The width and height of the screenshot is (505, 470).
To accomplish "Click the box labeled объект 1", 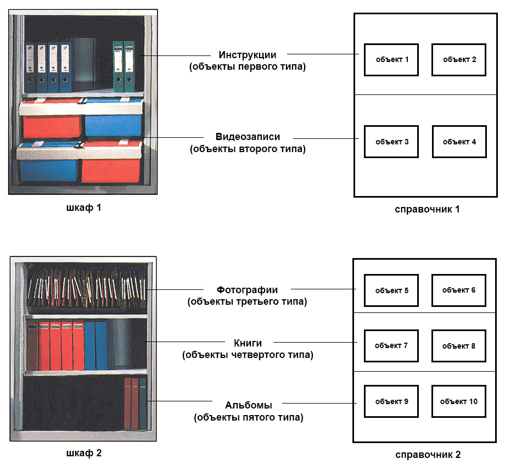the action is (391, 60).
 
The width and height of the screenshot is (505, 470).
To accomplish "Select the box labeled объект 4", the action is (459, 142).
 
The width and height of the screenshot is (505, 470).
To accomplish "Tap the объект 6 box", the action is (459, 290).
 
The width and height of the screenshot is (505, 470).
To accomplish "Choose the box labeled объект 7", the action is (391, 346).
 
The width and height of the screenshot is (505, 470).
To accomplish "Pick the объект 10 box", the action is (459, 401).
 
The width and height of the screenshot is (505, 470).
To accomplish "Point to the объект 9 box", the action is (391, 401).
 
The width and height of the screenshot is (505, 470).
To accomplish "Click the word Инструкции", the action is (248, 55).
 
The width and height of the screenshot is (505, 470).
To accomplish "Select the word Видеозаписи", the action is (248, 137).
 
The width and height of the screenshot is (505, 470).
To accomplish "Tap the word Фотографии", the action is (247, 289).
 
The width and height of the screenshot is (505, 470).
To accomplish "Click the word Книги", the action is (248, 343).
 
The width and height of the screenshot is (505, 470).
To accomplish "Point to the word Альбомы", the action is (248, 405).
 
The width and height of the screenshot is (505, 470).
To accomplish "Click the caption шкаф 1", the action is (84, 208).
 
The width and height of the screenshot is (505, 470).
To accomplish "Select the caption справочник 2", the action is (428, 455).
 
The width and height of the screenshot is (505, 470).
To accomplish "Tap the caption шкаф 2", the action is (84, 453).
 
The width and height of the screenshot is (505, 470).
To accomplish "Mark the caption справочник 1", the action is (427, 209).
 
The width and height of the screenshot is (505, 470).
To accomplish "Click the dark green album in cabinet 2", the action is (143, 404).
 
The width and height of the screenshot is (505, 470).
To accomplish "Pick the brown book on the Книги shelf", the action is (32, 345).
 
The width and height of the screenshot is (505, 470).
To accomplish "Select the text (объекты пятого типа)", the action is (248, 417).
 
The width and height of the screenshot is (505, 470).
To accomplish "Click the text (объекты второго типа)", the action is (248, 149).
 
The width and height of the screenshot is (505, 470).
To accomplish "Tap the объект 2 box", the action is (459, 60).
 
